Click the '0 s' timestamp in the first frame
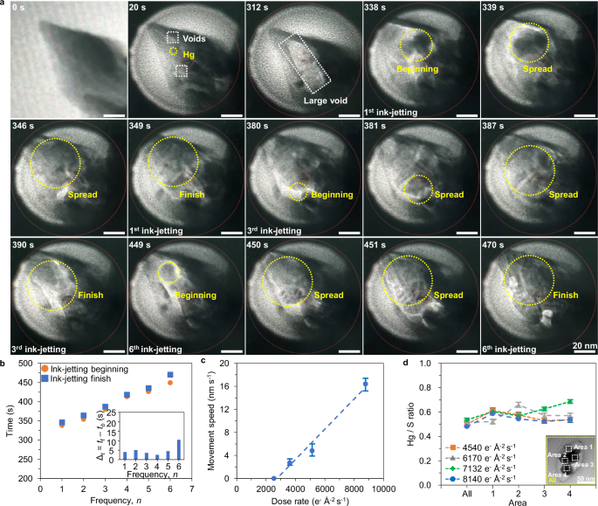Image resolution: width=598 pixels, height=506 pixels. click(x=20, y=10)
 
